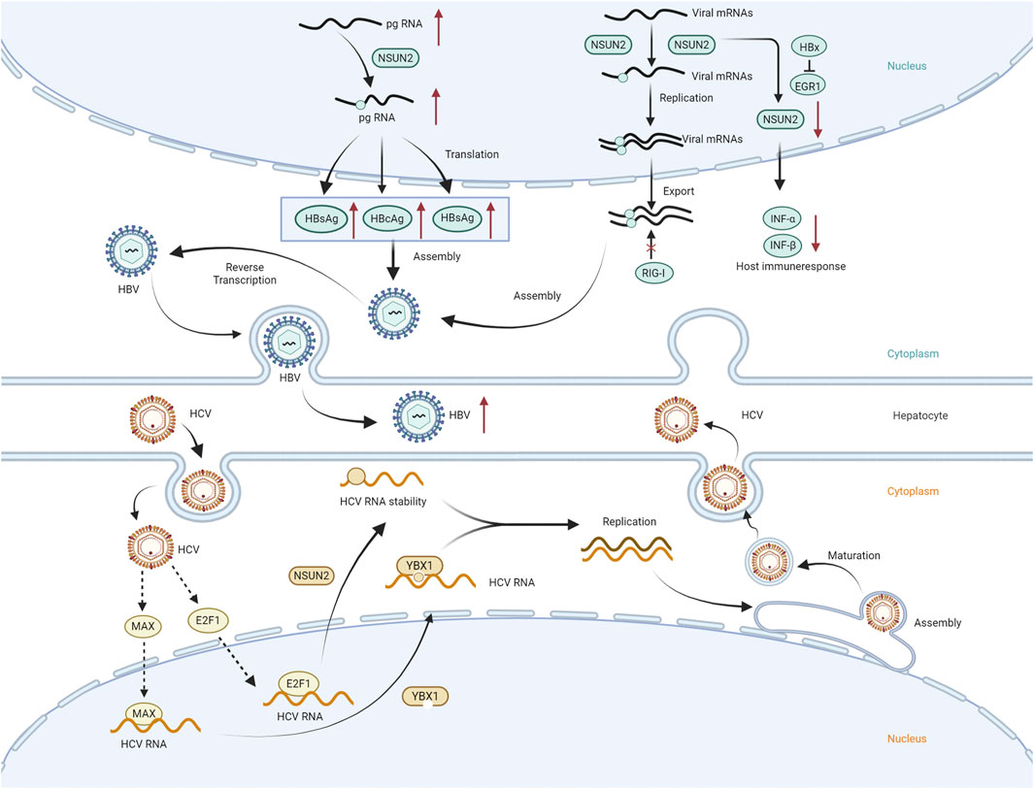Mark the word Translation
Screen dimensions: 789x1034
tap(473, 154)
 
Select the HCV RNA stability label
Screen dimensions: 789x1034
tap(385, 503)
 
